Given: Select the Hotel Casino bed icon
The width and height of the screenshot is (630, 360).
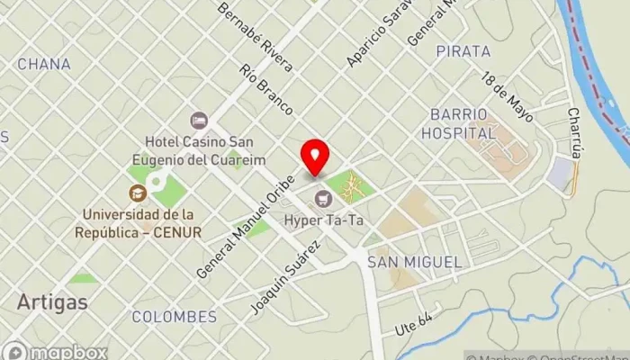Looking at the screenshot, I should tap(198, 120).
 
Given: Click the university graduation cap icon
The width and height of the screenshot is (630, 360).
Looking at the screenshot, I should tap(137, 192).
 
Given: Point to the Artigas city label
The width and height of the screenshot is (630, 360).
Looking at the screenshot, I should tap(52, 301).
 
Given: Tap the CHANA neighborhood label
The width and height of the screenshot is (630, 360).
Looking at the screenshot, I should tap(43, 64).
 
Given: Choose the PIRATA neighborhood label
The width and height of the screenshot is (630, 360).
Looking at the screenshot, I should tap(463, 51).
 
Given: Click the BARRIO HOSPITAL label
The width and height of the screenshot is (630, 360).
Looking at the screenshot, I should tap(459, 123).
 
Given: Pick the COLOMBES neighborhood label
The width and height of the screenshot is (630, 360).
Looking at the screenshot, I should tap(174, 317).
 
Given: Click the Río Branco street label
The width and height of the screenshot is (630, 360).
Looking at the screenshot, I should tap(266, 90).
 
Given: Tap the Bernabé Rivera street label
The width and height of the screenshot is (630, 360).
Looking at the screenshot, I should tap(255, 37).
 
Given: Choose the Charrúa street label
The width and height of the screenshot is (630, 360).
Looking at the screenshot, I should tap(574, 132).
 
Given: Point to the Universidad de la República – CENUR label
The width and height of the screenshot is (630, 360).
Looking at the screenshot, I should tap(140, 223).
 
